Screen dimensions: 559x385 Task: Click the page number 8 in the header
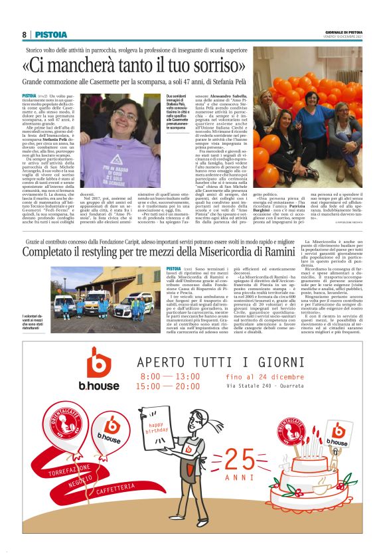[24, 35]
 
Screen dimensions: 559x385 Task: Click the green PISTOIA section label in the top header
[51, 35]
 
